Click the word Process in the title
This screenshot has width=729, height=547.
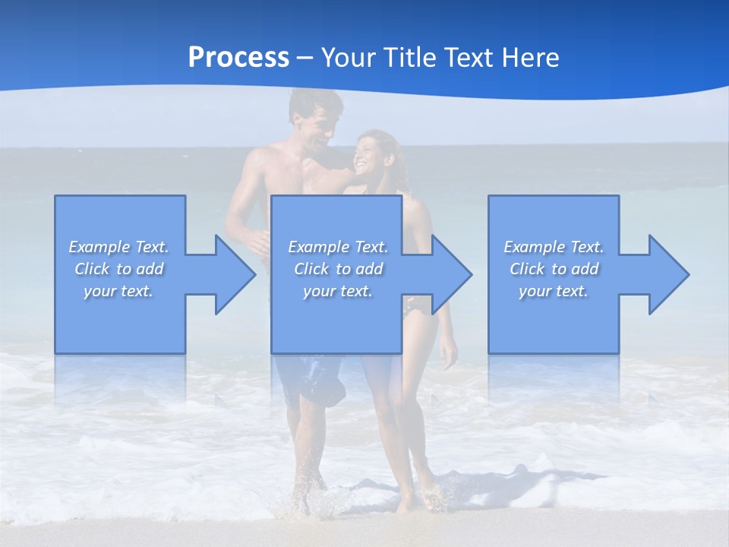click(238, 58)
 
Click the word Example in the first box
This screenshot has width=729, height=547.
click(99, 247)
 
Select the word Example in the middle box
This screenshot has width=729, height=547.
click(318, 247)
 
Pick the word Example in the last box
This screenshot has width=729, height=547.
click(534, 247)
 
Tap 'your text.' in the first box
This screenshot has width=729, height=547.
click(118, 291)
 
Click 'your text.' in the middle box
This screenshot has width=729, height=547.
click(338, 291)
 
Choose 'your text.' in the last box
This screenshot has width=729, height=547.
click(554, 291)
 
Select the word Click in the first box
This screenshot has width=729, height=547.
click(92, 269)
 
